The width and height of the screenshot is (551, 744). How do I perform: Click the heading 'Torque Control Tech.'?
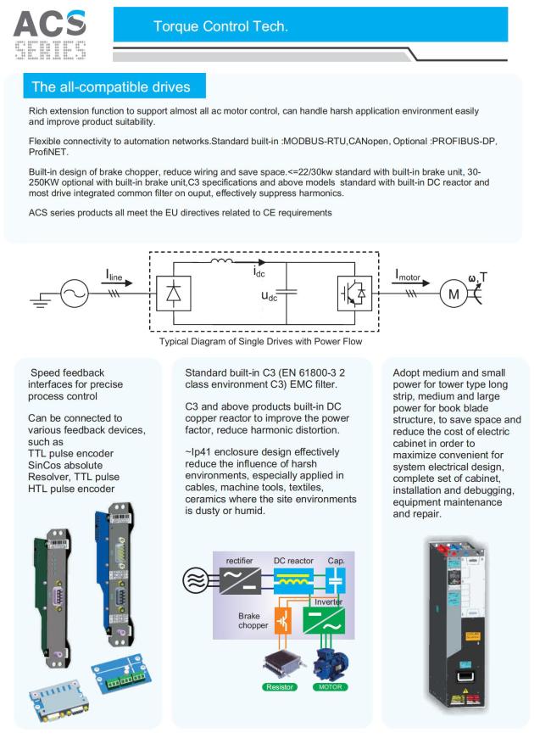tap(220, 27)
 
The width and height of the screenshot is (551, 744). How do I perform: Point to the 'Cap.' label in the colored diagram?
tap(337, 560)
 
